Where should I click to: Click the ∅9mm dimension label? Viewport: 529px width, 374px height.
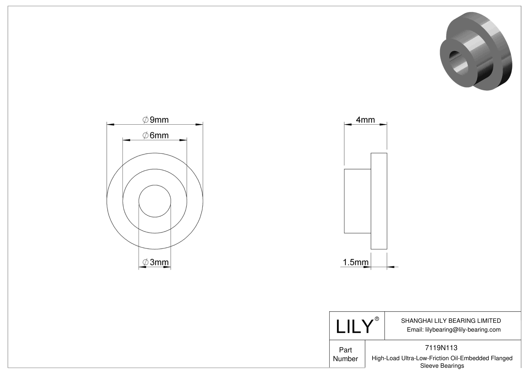tap(155, 120)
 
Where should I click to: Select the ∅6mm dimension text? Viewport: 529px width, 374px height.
tap(155, 135)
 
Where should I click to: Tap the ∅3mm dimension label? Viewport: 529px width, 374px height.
tap(155, 262)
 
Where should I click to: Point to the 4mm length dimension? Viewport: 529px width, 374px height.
tap(365, 120)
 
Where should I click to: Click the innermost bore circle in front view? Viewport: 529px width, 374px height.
tap(155, 201)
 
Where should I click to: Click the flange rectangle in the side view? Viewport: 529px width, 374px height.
tap(379, 201)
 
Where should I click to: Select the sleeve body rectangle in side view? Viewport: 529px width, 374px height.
tap(357, 201)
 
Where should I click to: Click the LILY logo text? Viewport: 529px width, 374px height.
tap(354, 327)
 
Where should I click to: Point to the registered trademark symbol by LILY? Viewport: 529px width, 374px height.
tap(377, 319)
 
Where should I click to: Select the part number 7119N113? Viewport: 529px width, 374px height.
tap(441, 348)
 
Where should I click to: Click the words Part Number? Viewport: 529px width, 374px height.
tap(346, 354)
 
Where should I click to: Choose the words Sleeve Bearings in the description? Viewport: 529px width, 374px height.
tap(442, 366)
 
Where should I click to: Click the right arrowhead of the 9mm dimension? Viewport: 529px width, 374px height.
tap(199, 125)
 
